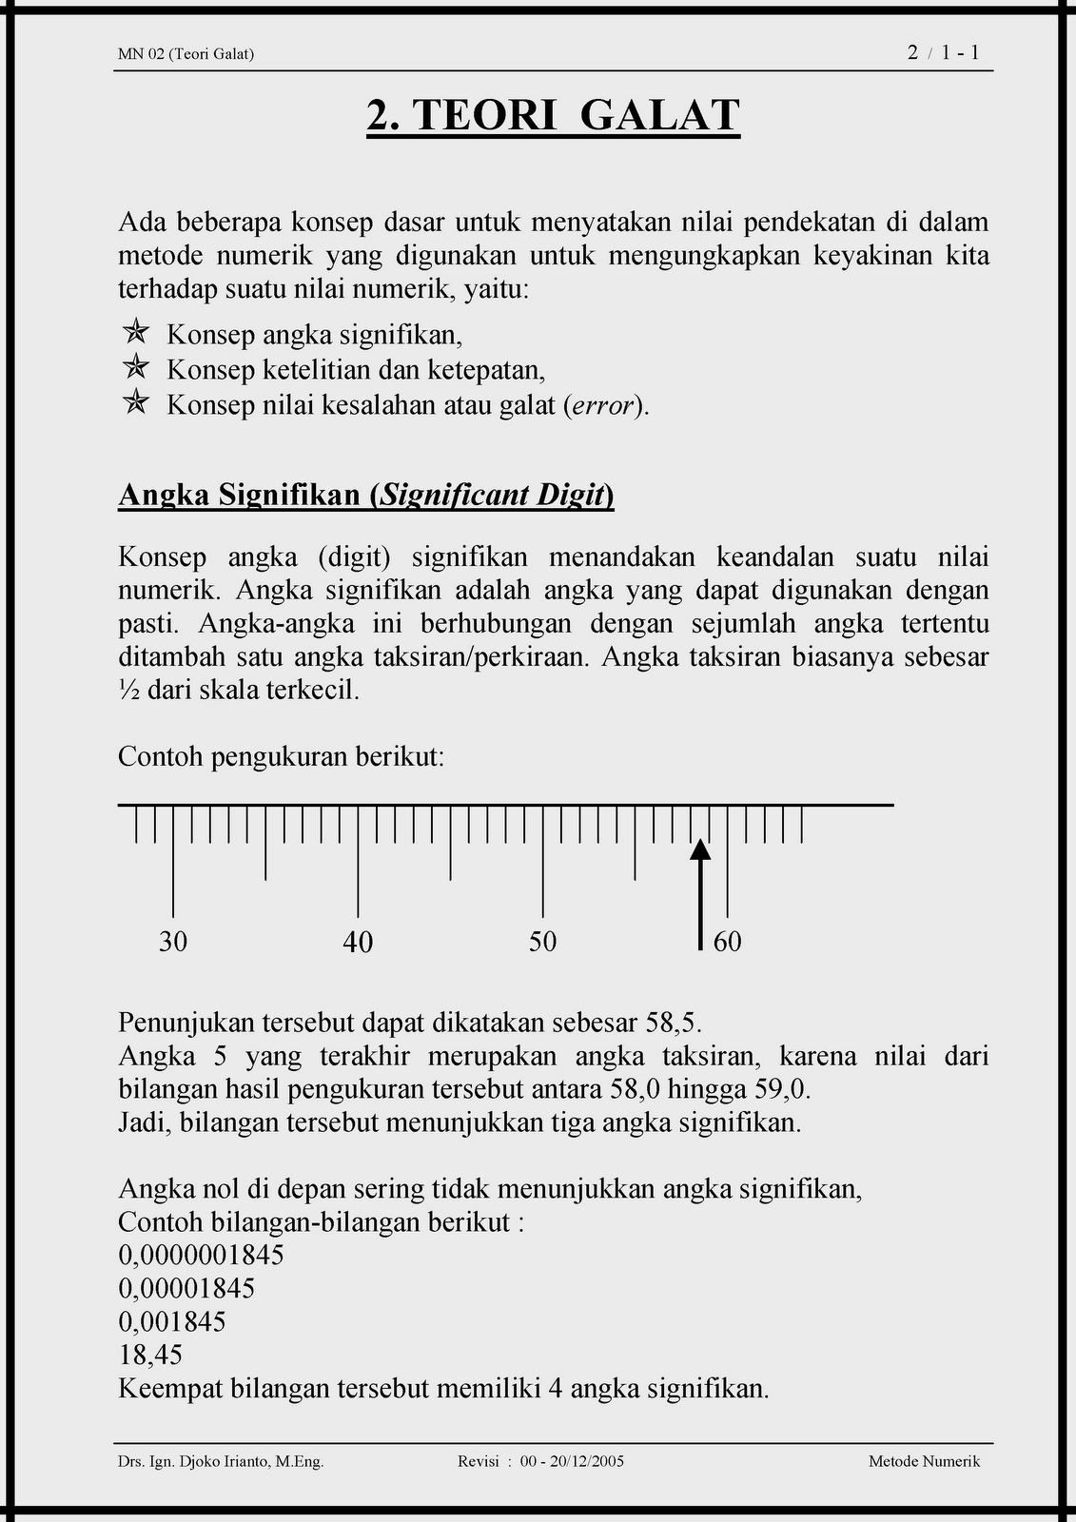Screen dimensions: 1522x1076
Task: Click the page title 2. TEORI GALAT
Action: (553, 116)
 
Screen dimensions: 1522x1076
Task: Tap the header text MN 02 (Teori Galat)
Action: (186, 54)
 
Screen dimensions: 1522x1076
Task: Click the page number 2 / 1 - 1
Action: (944, 53)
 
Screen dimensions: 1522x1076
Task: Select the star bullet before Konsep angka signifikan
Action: (136, 332)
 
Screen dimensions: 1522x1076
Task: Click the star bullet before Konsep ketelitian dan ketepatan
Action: (136, 366)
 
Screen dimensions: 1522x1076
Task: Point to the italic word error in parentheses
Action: (602, 406)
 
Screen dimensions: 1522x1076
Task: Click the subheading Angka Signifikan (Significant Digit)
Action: (365, 496)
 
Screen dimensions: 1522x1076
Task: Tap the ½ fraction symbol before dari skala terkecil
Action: (128, 691)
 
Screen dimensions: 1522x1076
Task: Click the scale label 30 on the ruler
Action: (173, 942)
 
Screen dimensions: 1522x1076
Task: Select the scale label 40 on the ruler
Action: (358, 942)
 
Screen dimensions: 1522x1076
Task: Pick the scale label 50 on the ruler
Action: (542, 942)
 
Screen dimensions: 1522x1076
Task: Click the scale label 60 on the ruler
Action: (727, 942)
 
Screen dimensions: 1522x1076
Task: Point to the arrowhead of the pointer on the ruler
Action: (700, 849)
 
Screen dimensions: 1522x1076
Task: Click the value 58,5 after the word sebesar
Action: (673, 1024)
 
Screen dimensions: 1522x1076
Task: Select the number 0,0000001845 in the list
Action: (201, 1256)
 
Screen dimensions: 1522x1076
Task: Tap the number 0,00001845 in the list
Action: (186, 1289)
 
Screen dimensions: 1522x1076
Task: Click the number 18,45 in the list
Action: (150, 1356)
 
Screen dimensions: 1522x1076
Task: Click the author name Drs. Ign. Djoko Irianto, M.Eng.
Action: (221, 1462)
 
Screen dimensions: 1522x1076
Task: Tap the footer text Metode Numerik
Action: (924, 1462)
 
